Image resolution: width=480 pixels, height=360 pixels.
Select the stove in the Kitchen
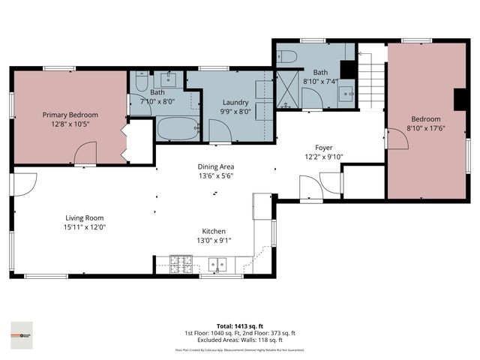click(181, 264)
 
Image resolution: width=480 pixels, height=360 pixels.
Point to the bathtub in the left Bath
click(177, 128)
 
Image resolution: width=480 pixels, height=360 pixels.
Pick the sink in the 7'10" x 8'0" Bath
click(169, 77)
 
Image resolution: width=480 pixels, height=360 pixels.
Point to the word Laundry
click(235, 102)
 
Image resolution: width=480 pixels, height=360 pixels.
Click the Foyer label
click(323, 148)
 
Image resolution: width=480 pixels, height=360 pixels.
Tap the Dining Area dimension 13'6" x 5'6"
click(216, 176)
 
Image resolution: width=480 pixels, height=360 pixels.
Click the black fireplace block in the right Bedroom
click(457, 100)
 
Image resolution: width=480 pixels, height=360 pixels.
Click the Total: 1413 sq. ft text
click(239, 326)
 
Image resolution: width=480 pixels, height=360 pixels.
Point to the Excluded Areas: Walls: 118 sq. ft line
click(239, 340)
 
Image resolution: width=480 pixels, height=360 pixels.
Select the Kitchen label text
click(214, 231)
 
